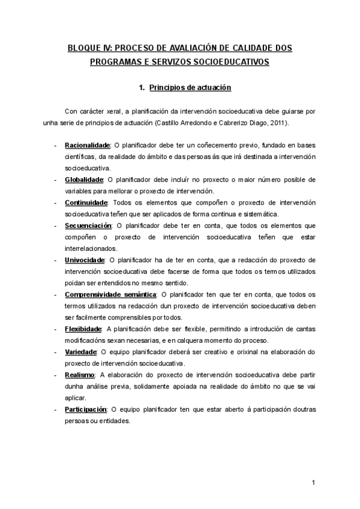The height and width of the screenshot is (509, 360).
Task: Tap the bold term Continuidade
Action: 86,203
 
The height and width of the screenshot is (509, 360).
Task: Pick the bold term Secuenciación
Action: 88,226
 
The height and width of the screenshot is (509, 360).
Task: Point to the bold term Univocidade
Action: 85,260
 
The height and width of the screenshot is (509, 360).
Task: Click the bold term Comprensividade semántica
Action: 110,294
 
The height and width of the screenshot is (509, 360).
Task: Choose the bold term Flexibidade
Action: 83,329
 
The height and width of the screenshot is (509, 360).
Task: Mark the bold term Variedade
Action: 80,352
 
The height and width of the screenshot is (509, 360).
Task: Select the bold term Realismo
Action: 80,375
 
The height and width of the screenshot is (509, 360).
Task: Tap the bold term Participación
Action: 85,409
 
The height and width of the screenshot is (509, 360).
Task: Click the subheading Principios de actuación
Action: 190,88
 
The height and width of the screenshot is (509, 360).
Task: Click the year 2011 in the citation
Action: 276,122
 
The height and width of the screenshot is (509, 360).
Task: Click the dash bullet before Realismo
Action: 55,375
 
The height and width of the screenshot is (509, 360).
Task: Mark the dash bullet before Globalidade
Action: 55,180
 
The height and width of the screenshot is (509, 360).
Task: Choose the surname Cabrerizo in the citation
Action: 233,122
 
